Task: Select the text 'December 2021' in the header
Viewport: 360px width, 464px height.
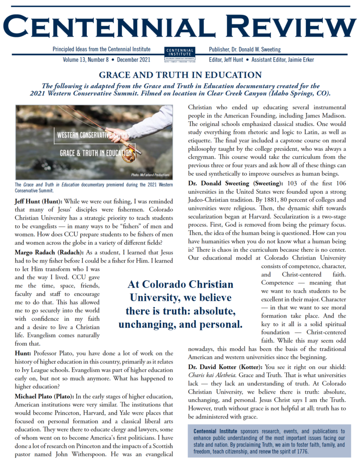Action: [136, 59]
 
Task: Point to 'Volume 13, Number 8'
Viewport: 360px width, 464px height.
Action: [83, 59]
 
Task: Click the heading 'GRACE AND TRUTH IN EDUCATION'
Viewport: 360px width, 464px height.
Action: [180, 75]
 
